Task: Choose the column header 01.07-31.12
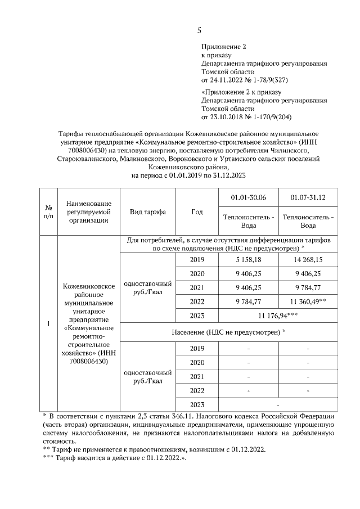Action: [308, 199]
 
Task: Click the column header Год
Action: [197, 212]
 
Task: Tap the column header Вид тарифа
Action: [148, 212]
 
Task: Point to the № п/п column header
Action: [48, 212]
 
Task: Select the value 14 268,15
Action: [308, 260]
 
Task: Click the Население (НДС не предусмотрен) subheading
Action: [228, 332]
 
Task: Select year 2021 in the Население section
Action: [197, 376]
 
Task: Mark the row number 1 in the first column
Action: [48, 324]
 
